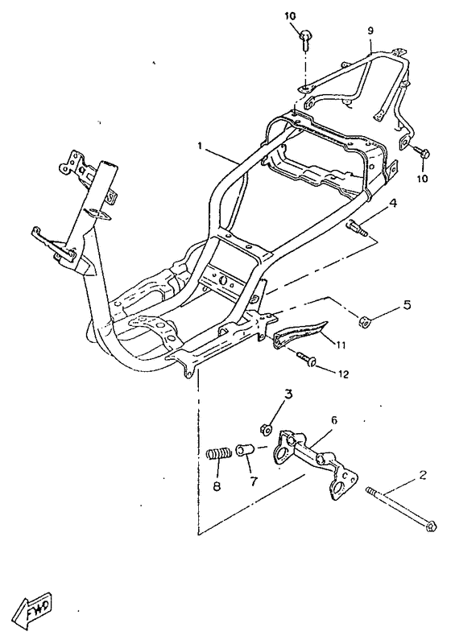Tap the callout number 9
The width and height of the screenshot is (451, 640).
tap(370, 31)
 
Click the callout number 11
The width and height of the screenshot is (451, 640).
tap(341, 345)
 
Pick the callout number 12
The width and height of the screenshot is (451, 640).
tap(343, 374)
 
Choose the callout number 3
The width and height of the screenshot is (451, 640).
tap(288, 394)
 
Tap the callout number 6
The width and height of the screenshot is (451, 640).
tap(334, 420)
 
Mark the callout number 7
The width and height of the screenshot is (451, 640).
tap(254, 482)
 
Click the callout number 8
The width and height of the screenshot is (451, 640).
tap(217, 486)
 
